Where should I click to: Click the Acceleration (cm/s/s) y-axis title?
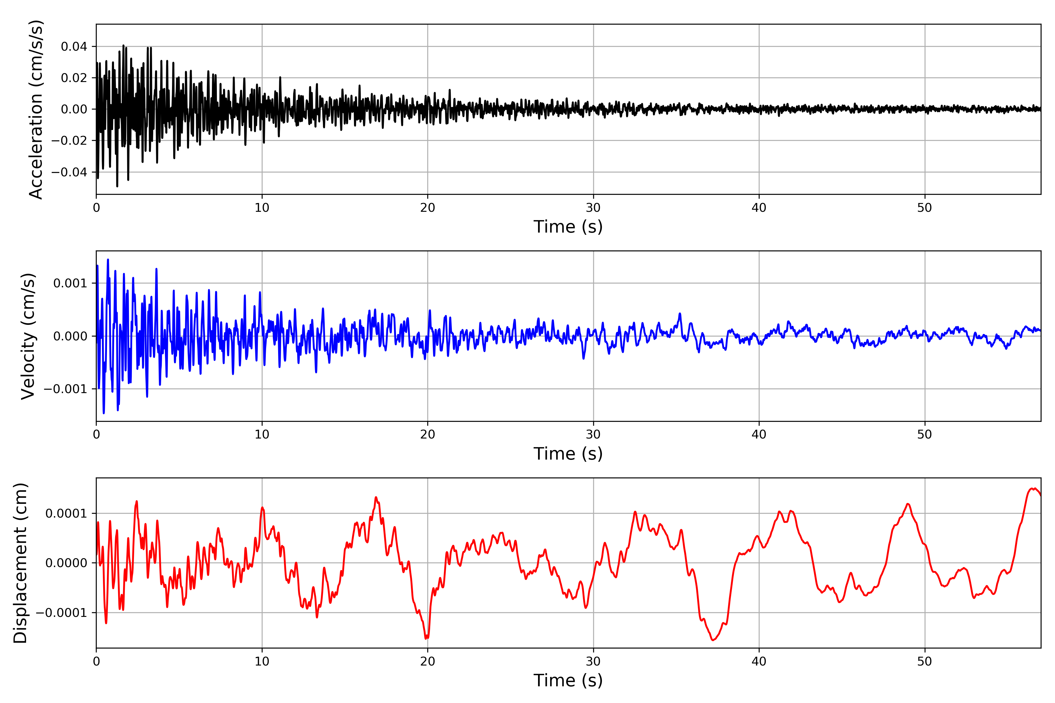(36, 109)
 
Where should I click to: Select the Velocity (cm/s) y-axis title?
(28, 336)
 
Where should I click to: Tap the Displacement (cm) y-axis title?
(21, 563)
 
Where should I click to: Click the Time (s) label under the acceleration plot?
(568, 227)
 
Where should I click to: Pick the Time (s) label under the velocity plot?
(568, 454)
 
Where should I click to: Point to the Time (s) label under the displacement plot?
(568, 680)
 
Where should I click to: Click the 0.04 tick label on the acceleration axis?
(74, 47)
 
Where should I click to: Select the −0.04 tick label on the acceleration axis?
(69, 172)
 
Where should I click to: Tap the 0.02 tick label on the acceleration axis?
(74, 78)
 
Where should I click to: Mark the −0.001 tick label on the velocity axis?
(65, 389)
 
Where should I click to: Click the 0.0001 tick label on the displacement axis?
(66, 513)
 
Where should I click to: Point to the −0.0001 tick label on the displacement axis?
(62, 613)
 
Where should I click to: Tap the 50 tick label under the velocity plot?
(925, 434)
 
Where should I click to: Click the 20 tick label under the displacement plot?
(428, 661)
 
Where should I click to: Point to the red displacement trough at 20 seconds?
(427, 638)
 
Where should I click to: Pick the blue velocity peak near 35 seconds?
(680, 314)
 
